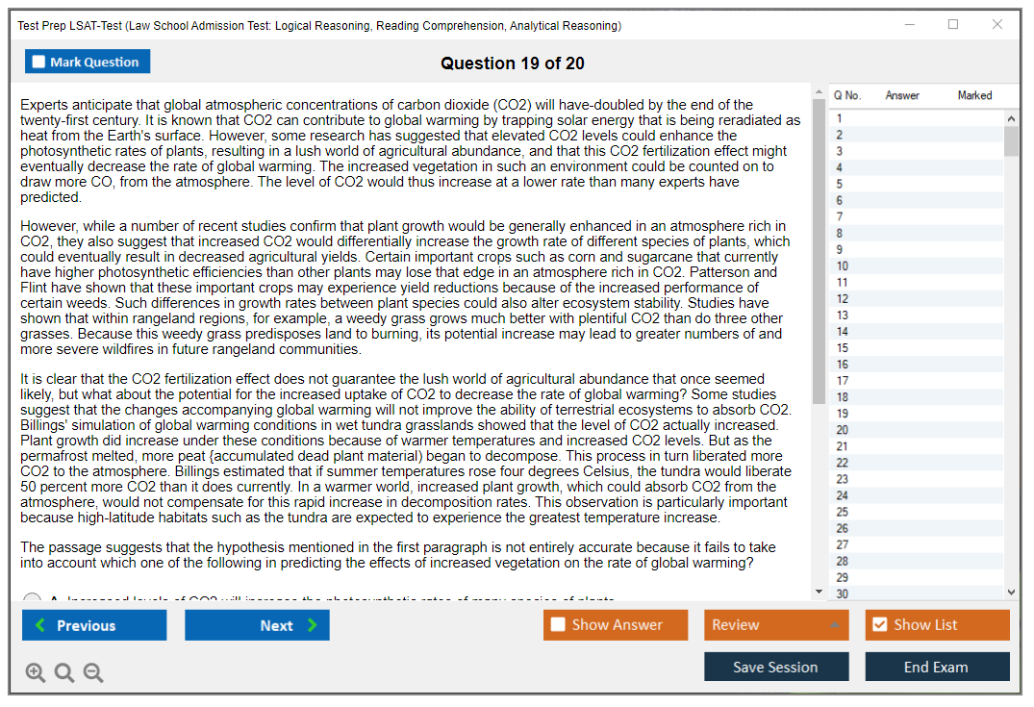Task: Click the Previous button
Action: pos(94,625)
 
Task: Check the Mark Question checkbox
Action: pos(38,63)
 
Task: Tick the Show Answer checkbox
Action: pos(558,625)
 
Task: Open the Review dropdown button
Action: pos(775,625)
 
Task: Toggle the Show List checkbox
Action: pos(879,625)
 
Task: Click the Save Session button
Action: pos(775,667)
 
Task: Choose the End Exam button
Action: pos(936,667)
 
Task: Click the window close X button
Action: pos(997,25)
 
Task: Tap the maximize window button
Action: pos(953,25)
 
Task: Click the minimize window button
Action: pos(909,25)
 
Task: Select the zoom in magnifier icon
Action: pos(35,673)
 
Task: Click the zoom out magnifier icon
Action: pos(93,673)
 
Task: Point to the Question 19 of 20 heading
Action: pos(512,63)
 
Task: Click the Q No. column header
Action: pos(846,95)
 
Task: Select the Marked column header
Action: pos(974,95)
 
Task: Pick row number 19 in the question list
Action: pos(843,414)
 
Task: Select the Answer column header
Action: pos(902,95)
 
